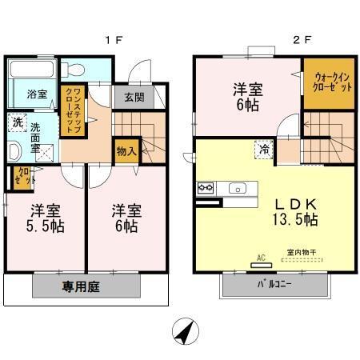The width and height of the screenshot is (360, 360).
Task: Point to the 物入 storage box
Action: [x=126, y=150]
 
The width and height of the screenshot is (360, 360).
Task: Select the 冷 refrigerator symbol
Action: [x=262, y=148]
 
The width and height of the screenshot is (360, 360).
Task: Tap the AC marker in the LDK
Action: [x=260, y=258]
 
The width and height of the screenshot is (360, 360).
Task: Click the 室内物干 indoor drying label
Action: [x=301, y=254]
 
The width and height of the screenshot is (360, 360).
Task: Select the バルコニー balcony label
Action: [x=274, y=284]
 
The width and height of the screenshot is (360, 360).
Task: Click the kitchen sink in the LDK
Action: [x=237, y=189]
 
